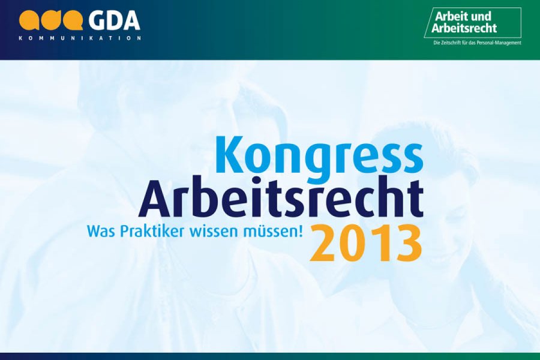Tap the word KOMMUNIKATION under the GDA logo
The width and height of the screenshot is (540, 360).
[80, 38]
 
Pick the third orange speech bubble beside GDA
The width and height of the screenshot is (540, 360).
[73, 20]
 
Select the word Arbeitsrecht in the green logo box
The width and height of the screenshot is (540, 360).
[464, 28]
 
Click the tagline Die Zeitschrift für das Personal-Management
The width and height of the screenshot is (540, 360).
[477, 43]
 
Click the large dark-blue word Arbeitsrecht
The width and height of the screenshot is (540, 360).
[281, 198]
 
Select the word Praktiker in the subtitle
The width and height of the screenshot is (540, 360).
[152, 231]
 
